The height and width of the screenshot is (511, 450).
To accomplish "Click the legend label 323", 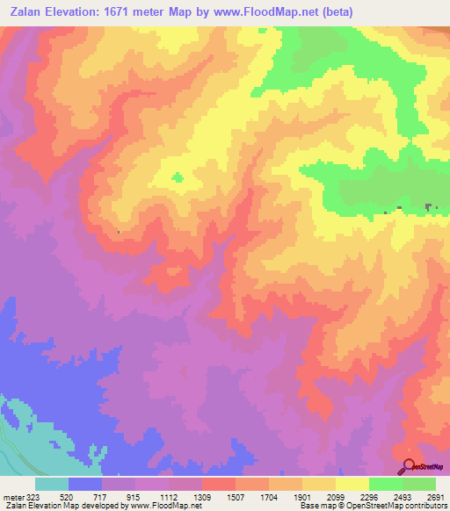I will pos(32,497).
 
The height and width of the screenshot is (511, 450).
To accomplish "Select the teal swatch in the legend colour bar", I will pos(52,484).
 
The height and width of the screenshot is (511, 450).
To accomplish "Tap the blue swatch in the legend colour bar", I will pos(85,484).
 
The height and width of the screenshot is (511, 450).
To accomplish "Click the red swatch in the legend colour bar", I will pos(219,484).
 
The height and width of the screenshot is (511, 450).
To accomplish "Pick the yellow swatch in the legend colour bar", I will pos(352,484).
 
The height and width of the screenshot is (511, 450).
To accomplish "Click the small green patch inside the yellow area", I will pos(178,177).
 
